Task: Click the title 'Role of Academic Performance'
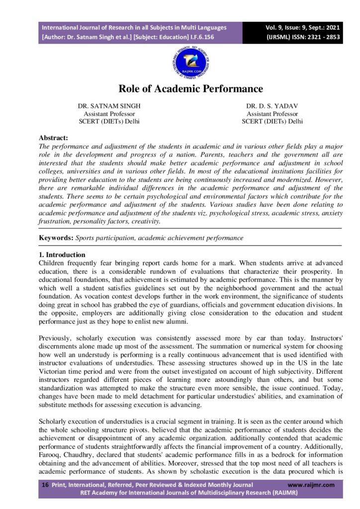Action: point(190,89)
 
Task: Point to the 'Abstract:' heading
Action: point(54,138)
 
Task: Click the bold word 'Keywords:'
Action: point(56,238)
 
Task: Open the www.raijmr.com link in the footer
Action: point(311,485)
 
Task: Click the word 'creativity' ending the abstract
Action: point(146,221)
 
